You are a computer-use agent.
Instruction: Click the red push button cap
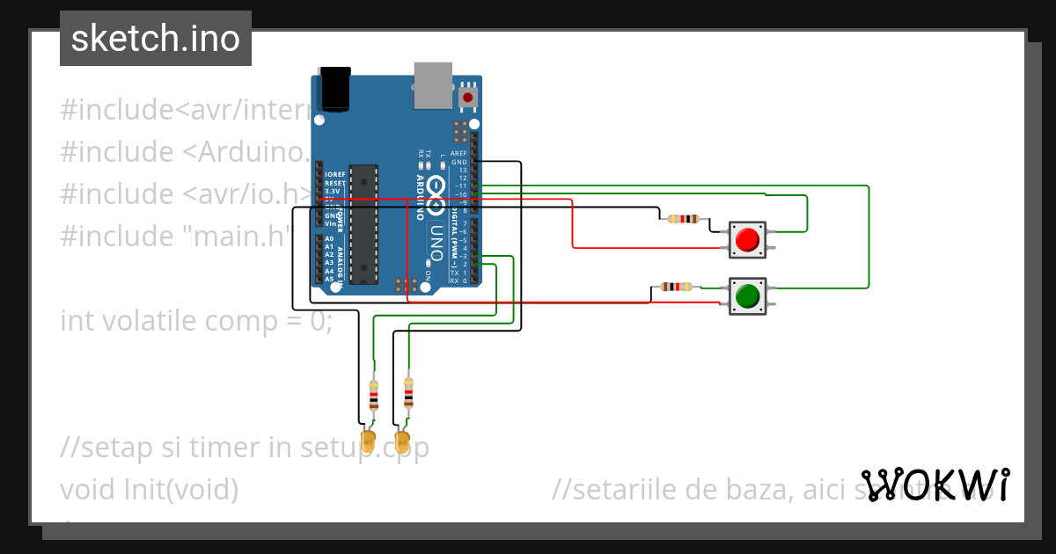[x=747, y=240]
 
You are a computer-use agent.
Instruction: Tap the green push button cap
[x=747, y=296]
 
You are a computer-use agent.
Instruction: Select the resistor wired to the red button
[x=683, y=219]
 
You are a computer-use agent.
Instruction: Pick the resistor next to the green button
[x=676, y=286]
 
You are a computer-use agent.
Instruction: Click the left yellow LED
[x=368, y=439]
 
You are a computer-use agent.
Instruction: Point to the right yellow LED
[x=403, y=439]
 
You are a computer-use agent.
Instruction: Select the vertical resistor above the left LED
[x=373, y=397]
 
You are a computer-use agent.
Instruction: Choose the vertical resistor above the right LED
[x=407, y=394]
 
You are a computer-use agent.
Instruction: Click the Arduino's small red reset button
[x=467, y=97]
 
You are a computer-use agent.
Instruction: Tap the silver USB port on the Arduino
[x=432, y=85]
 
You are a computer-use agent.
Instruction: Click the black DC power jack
[x=335, y=89]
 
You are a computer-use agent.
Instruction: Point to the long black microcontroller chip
[x=363, y=224]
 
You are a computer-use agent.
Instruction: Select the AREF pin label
[x=458, y=153]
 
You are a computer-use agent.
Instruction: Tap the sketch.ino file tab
[x=156, y=39]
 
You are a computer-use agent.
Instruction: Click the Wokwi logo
[x=935, y=485]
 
